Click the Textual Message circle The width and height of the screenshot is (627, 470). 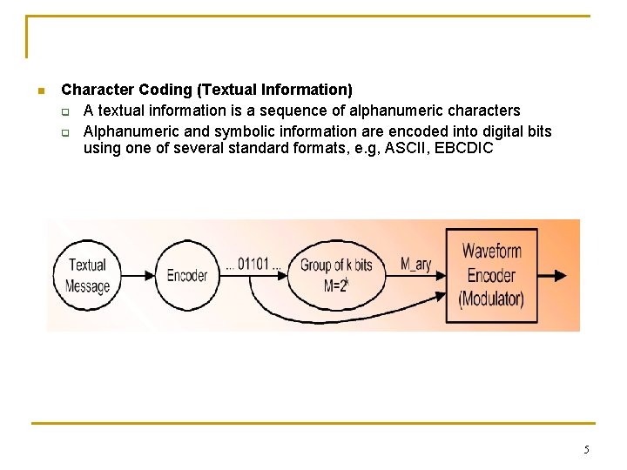(x=88, y=275)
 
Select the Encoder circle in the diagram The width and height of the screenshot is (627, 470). (x=186, y=275)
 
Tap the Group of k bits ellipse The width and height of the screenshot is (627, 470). (x=336, y=275)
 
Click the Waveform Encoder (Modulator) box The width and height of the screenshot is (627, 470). (x=491, y=275)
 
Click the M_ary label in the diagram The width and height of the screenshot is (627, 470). (x=416, y=264)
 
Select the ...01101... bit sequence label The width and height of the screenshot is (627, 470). (x=253, y=264)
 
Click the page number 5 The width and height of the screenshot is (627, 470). (x=586, y=450)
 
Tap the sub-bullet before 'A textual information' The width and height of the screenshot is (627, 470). (x=65, y=111)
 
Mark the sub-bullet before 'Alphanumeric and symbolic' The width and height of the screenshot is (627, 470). (x=65, y=132)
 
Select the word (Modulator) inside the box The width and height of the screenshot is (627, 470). (x=491, y=299)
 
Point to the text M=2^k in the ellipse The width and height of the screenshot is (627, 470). (x=336, y=285)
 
